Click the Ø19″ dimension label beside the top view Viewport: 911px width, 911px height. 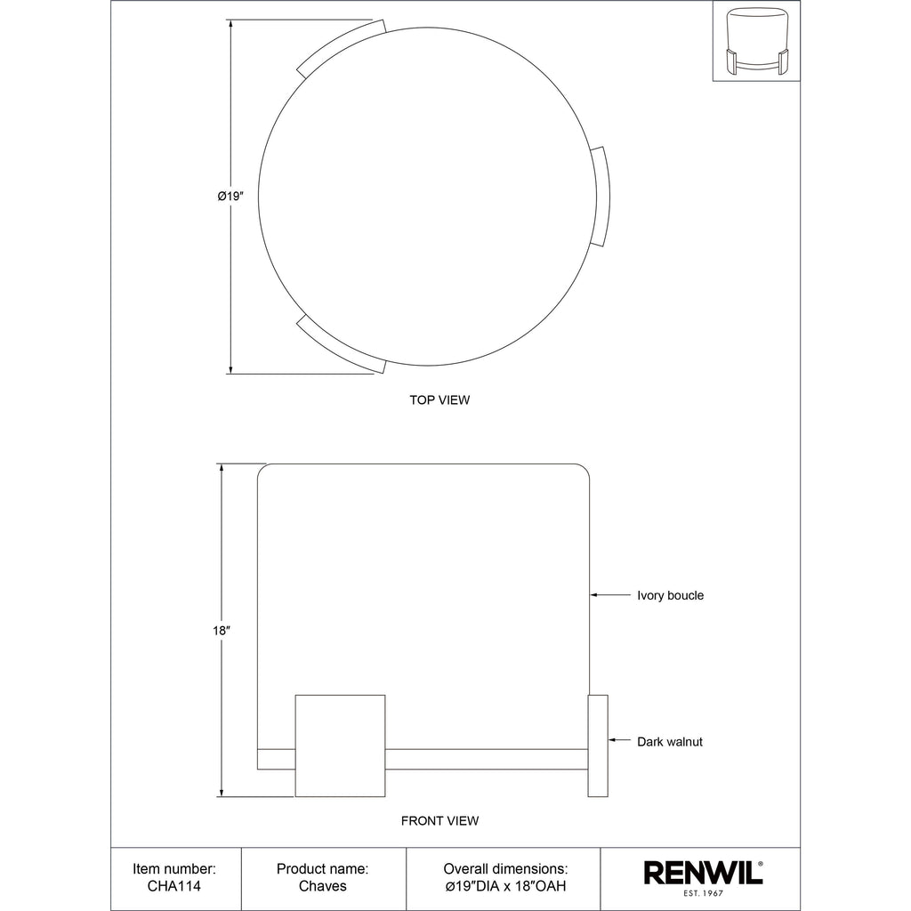click(230, 197)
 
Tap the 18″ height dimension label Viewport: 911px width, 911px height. click(222, 631)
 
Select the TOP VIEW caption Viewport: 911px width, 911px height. click(439, 399)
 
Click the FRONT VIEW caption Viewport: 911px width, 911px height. click(439, 821)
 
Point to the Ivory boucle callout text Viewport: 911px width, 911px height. click(671, 595)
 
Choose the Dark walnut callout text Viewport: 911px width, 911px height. click(670, 742)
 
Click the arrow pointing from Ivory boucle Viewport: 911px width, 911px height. click(610, 595)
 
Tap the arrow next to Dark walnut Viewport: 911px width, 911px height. click(619, 740)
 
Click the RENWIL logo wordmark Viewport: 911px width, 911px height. click(703, 874)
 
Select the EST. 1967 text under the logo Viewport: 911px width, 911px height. click(703, 893)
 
